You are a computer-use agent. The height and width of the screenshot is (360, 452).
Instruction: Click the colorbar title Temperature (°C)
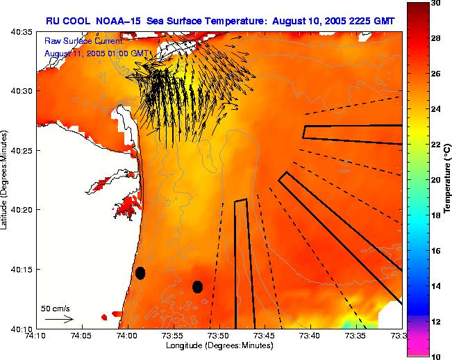pos(449,180)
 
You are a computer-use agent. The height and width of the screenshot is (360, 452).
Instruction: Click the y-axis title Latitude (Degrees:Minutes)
pos(6,180)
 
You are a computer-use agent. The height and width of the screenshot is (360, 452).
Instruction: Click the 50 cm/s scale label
pos(54,308)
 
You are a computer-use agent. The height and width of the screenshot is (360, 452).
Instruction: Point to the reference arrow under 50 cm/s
pos(59,319)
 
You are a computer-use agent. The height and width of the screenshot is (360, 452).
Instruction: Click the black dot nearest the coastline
pos(140,272)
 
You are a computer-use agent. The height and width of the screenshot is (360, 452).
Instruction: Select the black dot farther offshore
pos(197,286)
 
